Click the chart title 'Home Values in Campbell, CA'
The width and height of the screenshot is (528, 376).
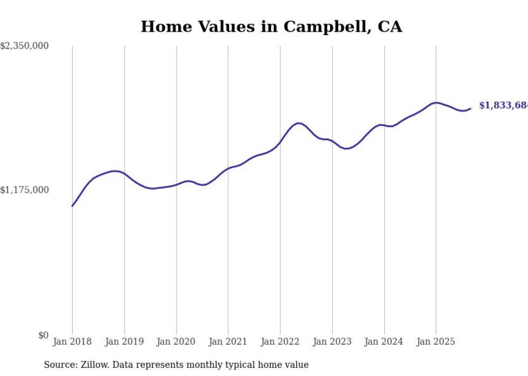(x=271, y=26)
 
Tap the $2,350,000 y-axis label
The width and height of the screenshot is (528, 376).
(x=25, y=46)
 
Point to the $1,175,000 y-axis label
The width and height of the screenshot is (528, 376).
(x=25, y=190)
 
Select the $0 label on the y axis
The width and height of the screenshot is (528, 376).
(x=43, y=335)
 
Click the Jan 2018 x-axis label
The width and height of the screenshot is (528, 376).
(x=72, y=342)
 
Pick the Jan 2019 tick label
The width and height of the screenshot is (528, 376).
(x=124, y=342)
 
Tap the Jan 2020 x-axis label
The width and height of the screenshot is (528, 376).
(x=176, y=342)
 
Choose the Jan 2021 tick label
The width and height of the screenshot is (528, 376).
(x=228, y=342)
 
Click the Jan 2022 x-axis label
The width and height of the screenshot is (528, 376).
(x=280, y=342)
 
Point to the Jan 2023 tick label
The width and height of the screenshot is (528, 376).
(x=332, y=342)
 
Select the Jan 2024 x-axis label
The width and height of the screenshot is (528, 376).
(x=384, y=342)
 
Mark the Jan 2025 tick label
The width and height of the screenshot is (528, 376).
(x=436, y=342)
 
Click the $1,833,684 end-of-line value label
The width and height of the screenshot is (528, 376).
(x=503, y=105)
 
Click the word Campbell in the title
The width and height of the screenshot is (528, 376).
(x=324, y=26)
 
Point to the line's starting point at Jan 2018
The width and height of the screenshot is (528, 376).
(x=72, y=206)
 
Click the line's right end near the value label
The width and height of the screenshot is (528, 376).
(x=470, y=109)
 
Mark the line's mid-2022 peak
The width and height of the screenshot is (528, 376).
(x=298, y=123)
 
